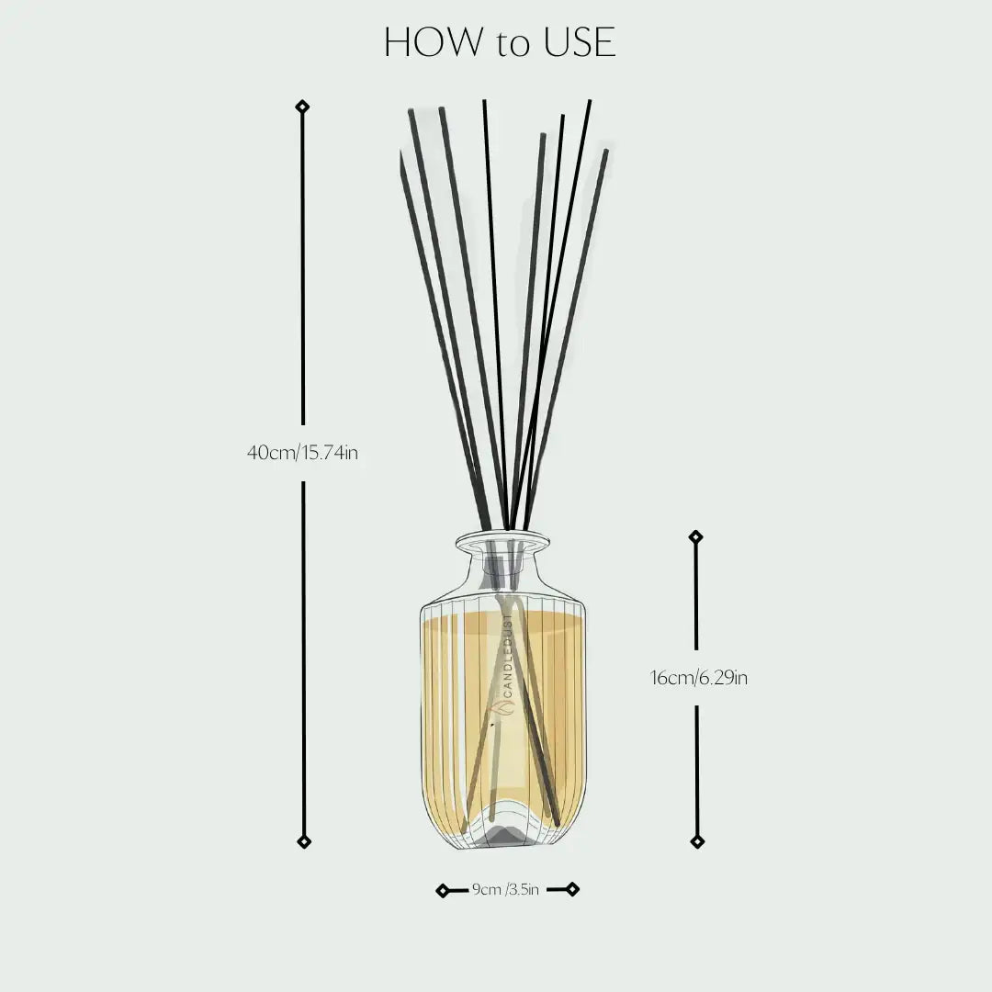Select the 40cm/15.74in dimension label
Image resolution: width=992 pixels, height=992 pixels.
(302, 453)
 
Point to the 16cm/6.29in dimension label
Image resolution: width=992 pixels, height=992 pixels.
(699, 679)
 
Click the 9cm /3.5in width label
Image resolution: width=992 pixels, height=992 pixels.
(505, 889)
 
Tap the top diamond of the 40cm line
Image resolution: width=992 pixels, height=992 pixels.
(302, 107)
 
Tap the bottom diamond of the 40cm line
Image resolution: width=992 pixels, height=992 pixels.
(304, 841)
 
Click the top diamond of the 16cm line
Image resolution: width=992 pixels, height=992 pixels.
(695, 536)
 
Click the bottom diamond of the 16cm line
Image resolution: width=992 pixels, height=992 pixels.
(697, 841)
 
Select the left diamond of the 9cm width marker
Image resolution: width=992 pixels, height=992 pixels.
(443, 890)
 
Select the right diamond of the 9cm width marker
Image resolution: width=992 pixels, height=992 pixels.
(572, 888)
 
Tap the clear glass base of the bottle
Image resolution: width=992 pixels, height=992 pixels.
(502, 831)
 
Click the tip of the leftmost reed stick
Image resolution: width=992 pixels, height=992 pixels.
(401, 156)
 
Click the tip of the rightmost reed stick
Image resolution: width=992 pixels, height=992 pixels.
(605, 152)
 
